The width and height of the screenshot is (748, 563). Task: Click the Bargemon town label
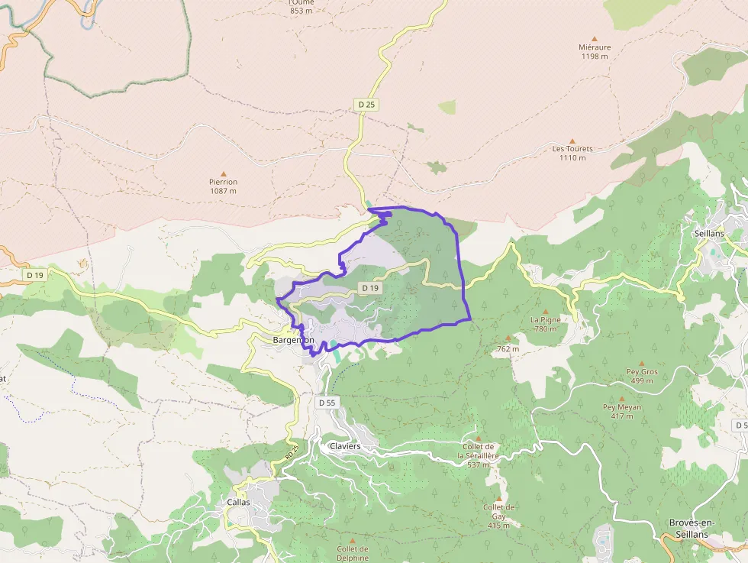[x=294, y=339]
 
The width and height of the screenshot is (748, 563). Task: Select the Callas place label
[x=238, y=502]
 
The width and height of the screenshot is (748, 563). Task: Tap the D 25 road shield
[x=366, y=104]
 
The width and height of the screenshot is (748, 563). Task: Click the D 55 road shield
[x=326, y=402]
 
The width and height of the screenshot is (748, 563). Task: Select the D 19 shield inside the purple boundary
[x=370, y=288]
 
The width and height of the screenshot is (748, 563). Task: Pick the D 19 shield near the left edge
[x=34, y=274]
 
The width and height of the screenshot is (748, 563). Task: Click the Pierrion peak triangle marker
[x=224, y=174]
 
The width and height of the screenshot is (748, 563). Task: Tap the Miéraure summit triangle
[x=595, y=38]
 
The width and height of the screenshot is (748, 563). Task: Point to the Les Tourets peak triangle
[x=572, y=141]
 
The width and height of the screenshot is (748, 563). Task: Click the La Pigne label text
[x=546, y=319]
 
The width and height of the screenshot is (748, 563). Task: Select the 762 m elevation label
[x=508, y=349]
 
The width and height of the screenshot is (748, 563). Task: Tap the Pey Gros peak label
[x=641, y=371]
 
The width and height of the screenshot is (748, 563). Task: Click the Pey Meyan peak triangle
[x=622, y=399]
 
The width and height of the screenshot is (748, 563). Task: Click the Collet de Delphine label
[x=353, y=553]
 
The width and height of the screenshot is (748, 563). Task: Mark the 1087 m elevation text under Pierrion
[x=224, y=191]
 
